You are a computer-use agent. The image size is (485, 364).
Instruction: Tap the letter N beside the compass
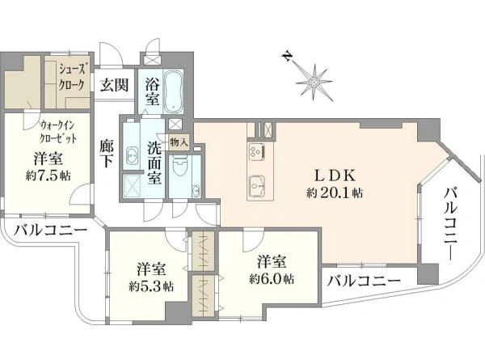[x=287, y=56]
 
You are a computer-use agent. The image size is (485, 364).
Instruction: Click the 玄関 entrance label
[x=112, y=85]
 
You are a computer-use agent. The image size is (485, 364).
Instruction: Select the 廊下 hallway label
[x=106, y=153]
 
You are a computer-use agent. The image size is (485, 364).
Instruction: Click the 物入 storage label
[x=179, y=142]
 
